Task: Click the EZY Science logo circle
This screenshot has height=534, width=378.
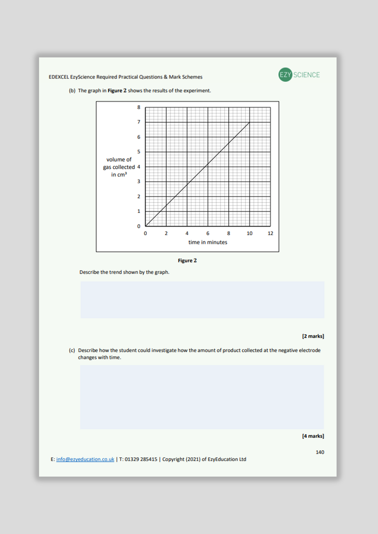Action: pyautogui.click(x=285, y=75)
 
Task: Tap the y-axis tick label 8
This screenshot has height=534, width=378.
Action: pyautogui.click(x=139, y=107)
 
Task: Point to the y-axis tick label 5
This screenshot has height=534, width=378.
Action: pyautogui.click(x=139, y=152)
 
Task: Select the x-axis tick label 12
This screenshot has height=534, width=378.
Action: pyautogui.click(x=270, y=233)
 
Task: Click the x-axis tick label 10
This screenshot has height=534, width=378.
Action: pyautogui.click(x=250, y=233)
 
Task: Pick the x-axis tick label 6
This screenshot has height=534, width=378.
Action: pyautogui.click(x=208, y=233)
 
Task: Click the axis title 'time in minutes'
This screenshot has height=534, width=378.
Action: pyautogui.click(x=208, y=242)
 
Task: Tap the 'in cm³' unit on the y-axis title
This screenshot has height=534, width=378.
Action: pyautogui.click(x=119, y=175)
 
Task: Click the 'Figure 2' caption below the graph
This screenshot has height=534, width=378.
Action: pyautogui.click(x=187, y=261)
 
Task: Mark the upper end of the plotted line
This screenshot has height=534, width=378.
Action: pyautogui.click(x=249, y=122)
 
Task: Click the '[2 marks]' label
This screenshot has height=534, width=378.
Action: pyautogui.click(x=313, y=336)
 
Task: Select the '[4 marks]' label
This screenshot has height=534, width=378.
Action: pyautogui.click(x=313, y=436)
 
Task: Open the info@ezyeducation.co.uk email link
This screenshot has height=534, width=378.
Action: pyautogui.click(x=85, y=459)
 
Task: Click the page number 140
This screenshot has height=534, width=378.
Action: pyautogui.click(x=320, y=452)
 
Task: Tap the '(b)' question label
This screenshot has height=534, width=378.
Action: pyautogui.click(x=72, y=91)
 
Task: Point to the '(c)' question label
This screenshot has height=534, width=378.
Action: pyautogui.click(x=72, y=350)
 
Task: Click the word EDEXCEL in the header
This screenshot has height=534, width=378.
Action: pyautogui.click(x=59, y=77)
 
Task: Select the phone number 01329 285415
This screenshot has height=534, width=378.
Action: pyautogui.click(x=141, y=459)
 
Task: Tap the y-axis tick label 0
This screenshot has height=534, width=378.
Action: pyautogui.click(x=139, y=226)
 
